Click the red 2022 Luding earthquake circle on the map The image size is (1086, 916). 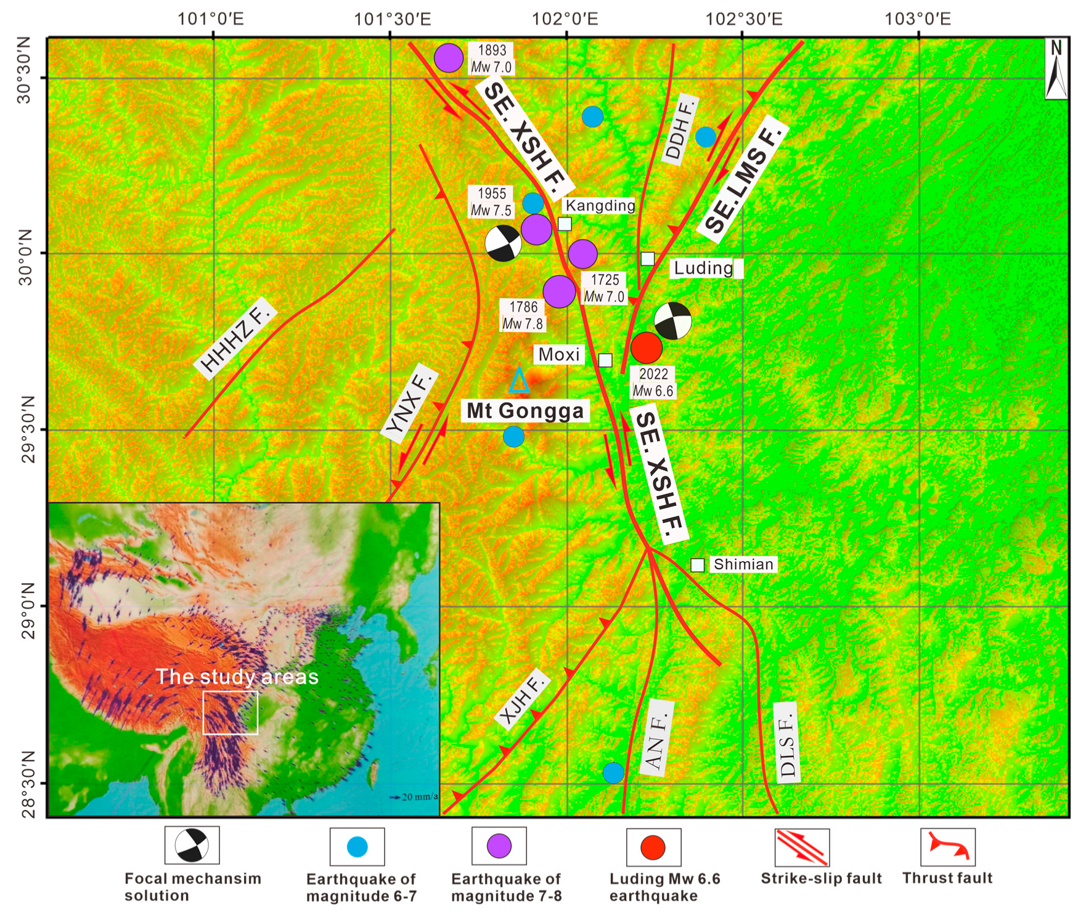[647, 347]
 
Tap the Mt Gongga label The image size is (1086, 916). [525, 411]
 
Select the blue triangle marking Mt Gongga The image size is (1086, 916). [519, 381]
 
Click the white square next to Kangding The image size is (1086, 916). [565, 224]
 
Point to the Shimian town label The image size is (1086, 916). [743, 564]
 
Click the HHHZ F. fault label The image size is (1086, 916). [235, 337]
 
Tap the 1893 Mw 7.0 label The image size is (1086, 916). [491, 59]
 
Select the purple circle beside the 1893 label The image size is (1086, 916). [449, 58]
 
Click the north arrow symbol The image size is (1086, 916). [1056, 68]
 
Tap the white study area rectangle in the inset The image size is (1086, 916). [231, 713]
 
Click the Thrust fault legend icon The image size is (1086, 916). [948, 847]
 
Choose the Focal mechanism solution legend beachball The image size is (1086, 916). [192, 845]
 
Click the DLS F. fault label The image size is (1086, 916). [786, 742]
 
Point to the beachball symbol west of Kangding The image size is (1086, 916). [503, 244]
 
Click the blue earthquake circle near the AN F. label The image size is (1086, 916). [613, 772]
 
